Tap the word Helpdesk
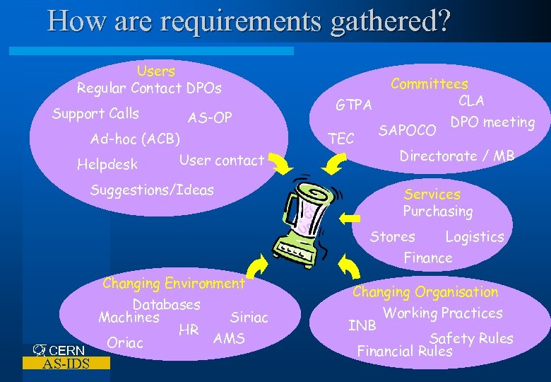[x=107, y=166]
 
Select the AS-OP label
[x=210, y=117]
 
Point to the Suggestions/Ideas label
[x=152, y=190]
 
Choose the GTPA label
[x=353, y=105]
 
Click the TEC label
[x=342, y=139]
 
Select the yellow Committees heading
[x=429, y=84]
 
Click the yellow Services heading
[x=432, y=194]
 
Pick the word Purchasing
[x=437, y=212]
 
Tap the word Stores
[x=392, y=237]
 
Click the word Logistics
[x=474, y=237]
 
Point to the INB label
[x=362, y=325]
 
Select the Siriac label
[x=249, y=318]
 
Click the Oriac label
[x=125, y=343]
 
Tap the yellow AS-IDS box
[x=66, y=364]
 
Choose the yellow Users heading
[x=155, y=71]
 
